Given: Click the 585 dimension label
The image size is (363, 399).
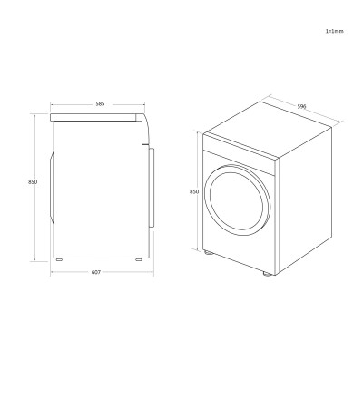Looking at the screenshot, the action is pos(100,104).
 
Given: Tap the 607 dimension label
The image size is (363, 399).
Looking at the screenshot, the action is pos(96,272).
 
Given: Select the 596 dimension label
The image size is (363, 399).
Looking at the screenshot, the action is pos(301,106).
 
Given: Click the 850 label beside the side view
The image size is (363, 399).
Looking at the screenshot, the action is pos(33,181).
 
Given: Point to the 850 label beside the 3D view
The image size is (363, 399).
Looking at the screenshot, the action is pos(194,191).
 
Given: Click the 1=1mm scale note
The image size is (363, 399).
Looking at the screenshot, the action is pos(334,31).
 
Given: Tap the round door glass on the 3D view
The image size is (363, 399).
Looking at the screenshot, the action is pos(236,200).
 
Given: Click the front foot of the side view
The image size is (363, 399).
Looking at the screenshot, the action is pos(59,259).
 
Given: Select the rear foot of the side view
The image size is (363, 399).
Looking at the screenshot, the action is pos(139,259).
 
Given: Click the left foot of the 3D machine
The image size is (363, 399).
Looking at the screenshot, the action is pos(208,252).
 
